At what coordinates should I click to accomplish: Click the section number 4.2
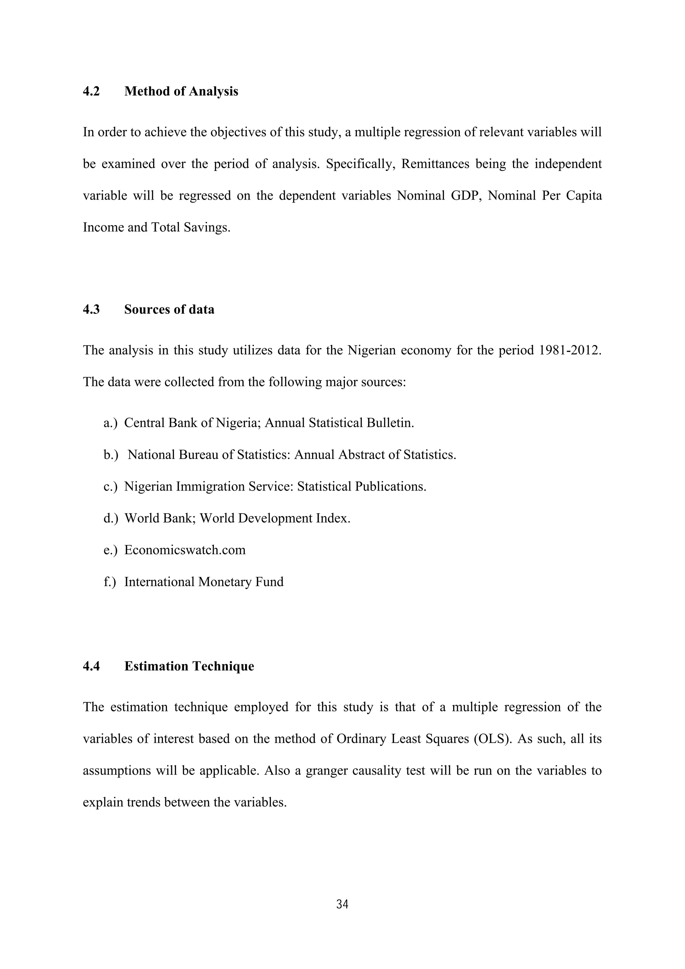coord(91,92)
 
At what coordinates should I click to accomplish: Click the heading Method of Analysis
coord(181,92)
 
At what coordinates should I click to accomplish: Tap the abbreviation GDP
coord(464,196)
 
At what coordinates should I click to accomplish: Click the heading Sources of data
coord(169,310)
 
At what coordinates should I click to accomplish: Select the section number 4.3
coord(91,310)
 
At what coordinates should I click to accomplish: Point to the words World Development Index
coord(275,518)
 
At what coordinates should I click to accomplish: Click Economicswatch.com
coord(185,550)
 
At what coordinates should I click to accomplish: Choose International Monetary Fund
coord(204,582)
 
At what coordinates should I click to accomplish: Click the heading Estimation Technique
coord(189,667)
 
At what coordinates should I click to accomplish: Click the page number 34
coord(342,904)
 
